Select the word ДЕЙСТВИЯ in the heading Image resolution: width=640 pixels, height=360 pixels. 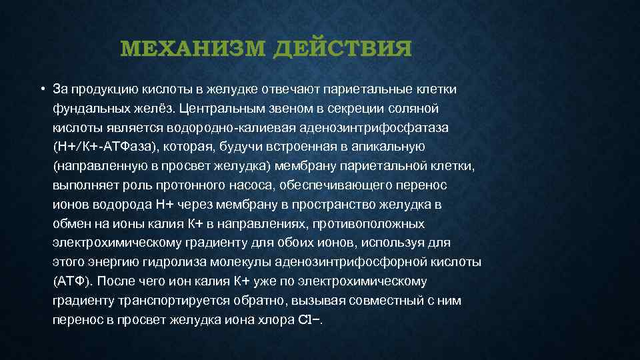pos(342,49)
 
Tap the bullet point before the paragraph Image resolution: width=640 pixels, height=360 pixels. pos(41,89)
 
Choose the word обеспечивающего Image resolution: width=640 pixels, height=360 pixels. pos(339,184)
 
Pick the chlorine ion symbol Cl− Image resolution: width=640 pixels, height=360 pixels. pos(310,320)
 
